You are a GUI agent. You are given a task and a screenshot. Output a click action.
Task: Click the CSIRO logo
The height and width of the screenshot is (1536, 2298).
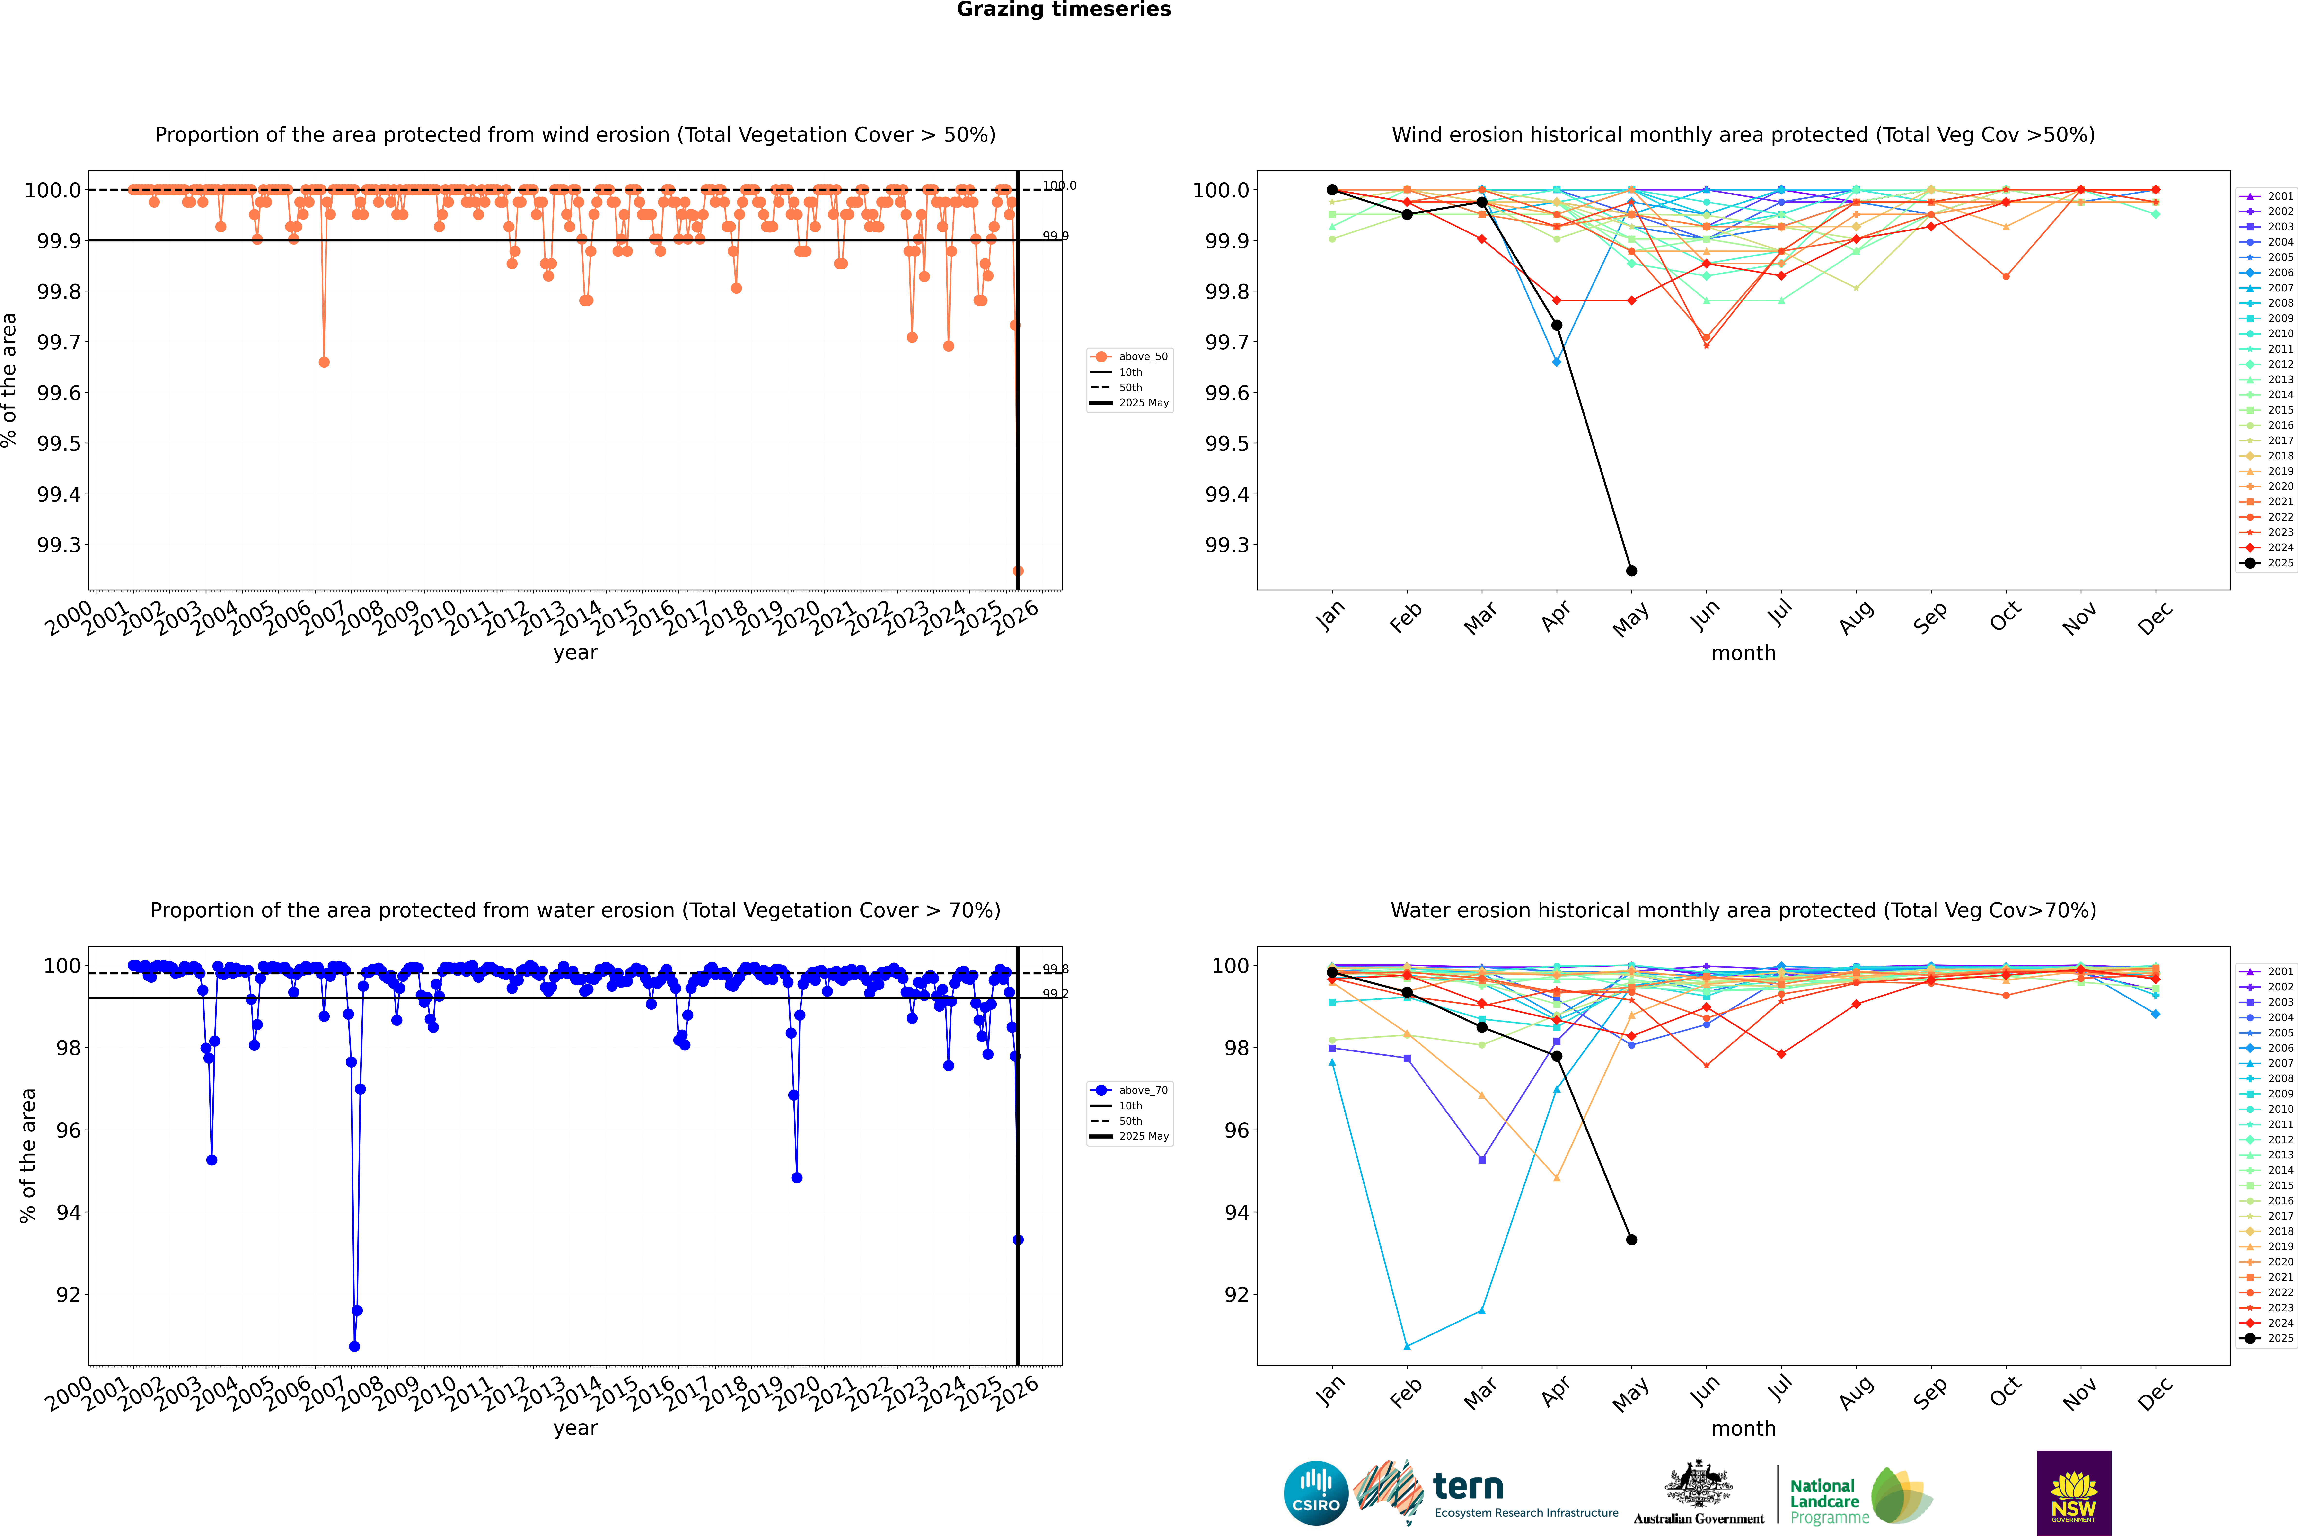pos(1316,1493)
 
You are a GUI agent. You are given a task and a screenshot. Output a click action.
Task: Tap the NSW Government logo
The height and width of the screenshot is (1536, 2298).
pos(2074,1493)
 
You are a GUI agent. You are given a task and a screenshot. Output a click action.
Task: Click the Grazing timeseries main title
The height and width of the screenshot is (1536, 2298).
pos(1064,10)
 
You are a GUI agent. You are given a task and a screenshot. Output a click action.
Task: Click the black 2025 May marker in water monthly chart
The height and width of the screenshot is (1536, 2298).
pos(1631,1239)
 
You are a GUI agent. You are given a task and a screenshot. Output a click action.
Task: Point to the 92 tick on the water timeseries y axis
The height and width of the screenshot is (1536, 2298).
pos(69,1294)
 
